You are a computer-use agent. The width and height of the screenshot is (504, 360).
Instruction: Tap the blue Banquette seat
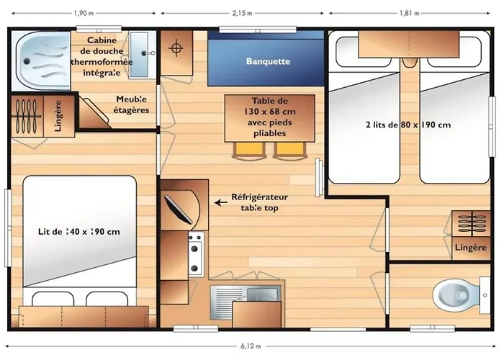tap(267, 60)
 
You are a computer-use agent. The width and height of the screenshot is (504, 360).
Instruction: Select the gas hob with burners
tap(195, 256)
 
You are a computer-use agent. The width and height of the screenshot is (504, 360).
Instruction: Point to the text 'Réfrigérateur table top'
tap(258, 202)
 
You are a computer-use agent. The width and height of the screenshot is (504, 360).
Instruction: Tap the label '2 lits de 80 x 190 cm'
tap(408, 125)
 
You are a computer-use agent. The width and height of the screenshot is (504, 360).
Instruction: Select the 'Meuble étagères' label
tap(132, 104)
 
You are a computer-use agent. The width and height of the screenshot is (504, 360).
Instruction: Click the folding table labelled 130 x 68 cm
tap(269, 117)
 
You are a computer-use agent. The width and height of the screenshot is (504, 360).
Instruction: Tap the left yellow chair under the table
tap(248, 150)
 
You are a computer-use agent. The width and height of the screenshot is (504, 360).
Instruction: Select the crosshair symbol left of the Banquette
tap(175, 49)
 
